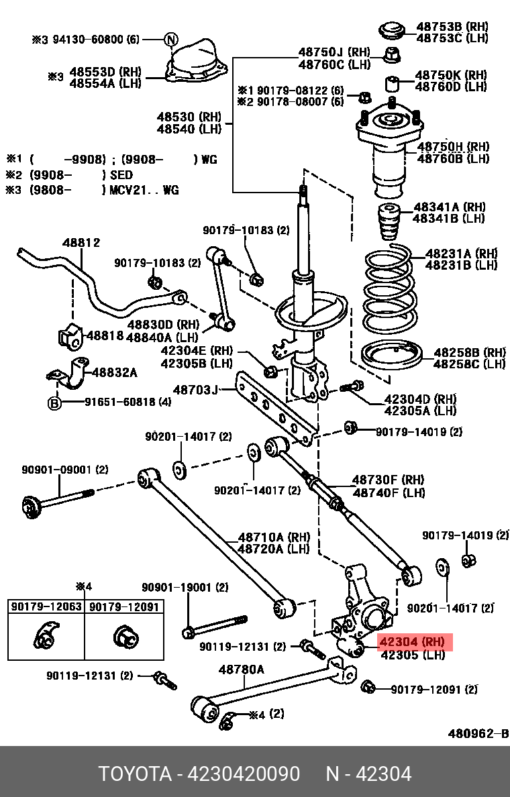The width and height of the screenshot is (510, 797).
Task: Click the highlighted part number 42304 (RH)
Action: pos(412,641)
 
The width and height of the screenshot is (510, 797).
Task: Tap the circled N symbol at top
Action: pos(171,40)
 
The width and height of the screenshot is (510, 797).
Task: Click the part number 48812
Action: pos(82,243)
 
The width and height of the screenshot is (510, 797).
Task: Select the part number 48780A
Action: pos(242,669)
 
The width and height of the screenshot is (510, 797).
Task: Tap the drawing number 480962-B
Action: pos(478,733)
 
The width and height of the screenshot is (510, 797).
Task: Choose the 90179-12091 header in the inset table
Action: pos(124,606)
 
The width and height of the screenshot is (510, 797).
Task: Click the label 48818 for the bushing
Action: pos(105,335)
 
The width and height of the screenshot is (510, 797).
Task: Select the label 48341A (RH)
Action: pos(449,207)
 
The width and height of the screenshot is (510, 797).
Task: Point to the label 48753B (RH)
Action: pos(448,26)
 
